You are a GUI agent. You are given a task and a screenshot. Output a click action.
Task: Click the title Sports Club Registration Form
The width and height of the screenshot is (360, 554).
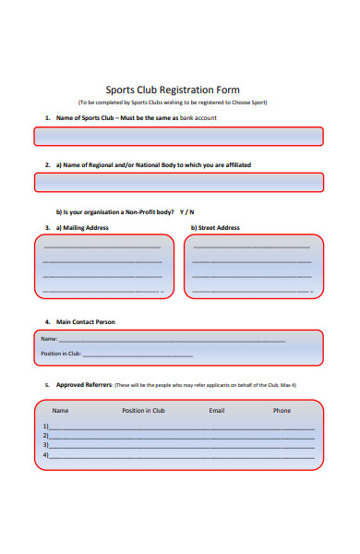tap(180, 90)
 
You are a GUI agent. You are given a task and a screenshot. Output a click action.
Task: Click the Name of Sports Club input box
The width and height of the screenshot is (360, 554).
tap(179, 137)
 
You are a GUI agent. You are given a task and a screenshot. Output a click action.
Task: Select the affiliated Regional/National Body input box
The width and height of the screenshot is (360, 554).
tap(179, 183)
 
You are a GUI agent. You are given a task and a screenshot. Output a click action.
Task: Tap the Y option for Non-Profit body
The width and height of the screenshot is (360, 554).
tap(182, 211)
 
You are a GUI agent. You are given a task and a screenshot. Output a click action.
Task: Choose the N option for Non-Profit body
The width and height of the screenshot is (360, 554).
tap(192, 211)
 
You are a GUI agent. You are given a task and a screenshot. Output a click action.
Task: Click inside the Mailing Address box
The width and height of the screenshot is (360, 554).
tap(104, 266)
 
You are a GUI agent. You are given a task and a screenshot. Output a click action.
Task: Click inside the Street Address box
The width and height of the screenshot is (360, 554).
tap(255, 266)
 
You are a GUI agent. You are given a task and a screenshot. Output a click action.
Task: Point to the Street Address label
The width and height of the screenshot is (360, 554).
tap(215, 227)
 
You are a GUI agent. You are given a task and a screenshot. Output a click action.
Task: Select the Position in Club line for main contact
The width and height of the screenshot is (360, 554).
tap(138, 355)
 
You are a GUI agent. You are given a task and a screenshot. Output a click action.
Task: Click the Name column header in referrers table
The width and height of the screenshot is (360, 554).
tap(60, 410)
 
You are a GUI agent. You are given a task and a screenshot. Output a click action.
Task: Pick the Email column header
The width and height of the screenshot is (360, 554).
tap(217, 410)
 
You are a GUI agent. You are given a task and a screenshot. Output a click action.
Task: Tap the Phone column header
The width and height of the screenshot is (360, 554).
tap(282, 410)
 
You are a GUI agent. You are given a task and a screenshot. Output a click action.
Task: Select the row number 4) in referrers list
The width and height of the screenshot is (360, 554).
tap(45, 455)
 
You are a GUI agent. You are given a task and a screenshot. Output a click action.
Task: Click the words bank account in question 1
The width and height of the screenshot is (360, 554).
tap(198, 118)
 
